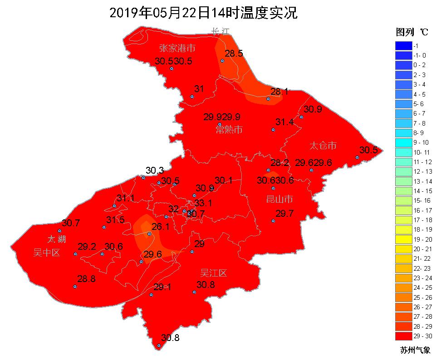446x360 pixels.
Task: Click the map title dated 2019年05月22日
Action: click(x=204, y=13)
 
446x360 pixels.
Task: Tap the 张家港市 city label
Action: click(x=177, y=48)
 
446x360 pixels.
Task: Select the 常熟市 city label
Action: click(x=229, y=130)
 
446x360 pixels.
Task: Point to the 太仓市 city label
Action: click(x=323, y=146)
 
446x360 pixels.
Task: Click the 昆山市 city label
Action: click(x=279, y=199)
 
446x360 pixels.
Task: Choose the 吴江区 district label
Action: click(x=213, y=273)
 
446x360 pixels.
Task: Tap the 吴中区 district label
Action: click(x=46, y=253)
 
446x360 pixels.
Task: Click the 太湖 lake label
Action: click(x=57, y=238)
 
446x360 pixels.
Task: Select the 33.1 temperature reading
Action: click(x=203, y=203)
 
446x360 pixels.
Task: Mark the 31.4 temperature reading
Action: click(x=284, y=122)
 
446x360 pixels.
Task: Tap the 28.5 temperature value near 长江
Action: click(x=234, y=54)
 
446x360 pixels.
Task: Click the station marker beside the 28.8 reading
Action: click(x=75, y=287)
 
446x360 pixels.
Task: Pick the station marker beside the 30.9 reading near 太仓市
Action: click(x=301, y=117)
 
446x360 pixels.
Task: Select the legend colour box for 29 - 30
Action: click(x=403, y=336)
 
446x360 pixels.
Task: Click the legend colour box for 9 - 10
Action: click(x=403, y=142)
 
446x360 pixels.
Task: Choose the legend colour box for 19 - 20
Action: click(x=403, y=239)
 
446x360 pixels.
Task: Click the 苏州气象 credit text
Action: click(x=415, y=350)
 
